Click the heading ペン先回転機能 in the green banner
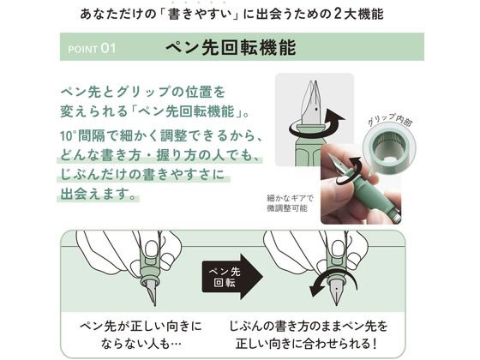pyautogui.click(x=231, y=48)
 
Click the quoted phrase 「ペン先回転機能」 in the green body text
pyautogui.click(x=190, y=111)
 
